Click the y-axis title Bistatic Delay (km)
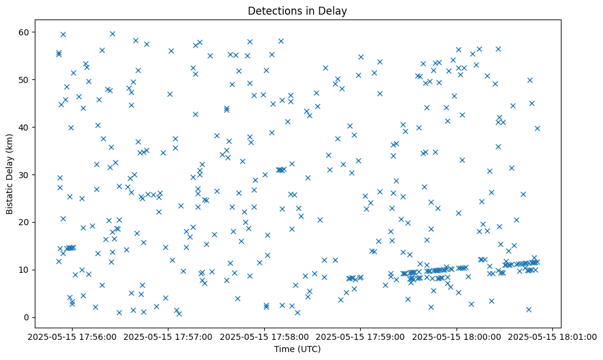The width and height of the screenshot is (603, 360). (x=10, y=174)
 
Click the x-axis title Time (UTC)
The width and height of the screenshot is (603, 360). (x=297, y=350)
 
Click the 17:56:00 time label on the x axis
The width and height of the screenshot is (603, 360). (x=72, y=336)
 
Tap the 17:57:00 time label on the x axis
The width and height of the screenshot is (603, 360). (x=168, y=336)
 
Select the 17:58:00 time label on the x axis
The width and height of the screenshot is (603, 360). (x=264, y=336)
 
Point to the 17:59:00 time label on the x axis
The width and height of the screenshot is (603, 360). (x=361, y=336)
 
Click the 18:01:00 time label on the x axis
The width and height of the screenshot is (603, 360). (x=553, y=336)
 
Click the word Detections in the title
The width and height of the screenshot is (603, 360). (x=273, y=11)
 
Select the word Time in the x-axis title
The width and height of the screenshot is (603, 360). (x=284, y=350)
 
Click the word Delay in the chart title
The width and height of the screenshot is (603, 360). (x=334, y=11)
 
